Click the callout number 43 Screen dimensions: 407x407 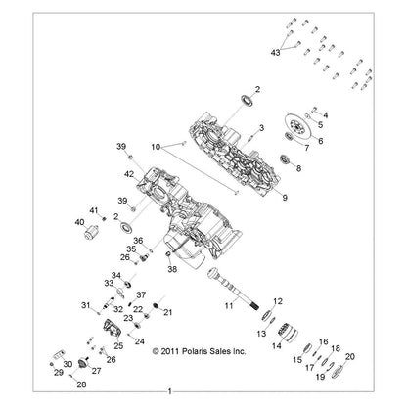click(276, 52)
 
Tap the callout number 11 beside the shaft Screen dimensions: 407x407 click(229, 306)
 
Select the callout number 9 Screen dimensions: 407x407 click(285, 198)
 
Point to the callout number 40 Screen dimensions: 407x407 click(79, 222)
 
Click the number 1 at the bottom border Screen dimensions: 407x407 click(170, 391)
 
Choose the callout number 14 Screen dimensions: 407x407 click(277, 345)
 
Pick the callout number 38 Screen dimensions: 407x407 click(172, 269)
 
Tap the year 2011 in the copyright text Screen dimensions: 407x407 click(171, 351)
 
